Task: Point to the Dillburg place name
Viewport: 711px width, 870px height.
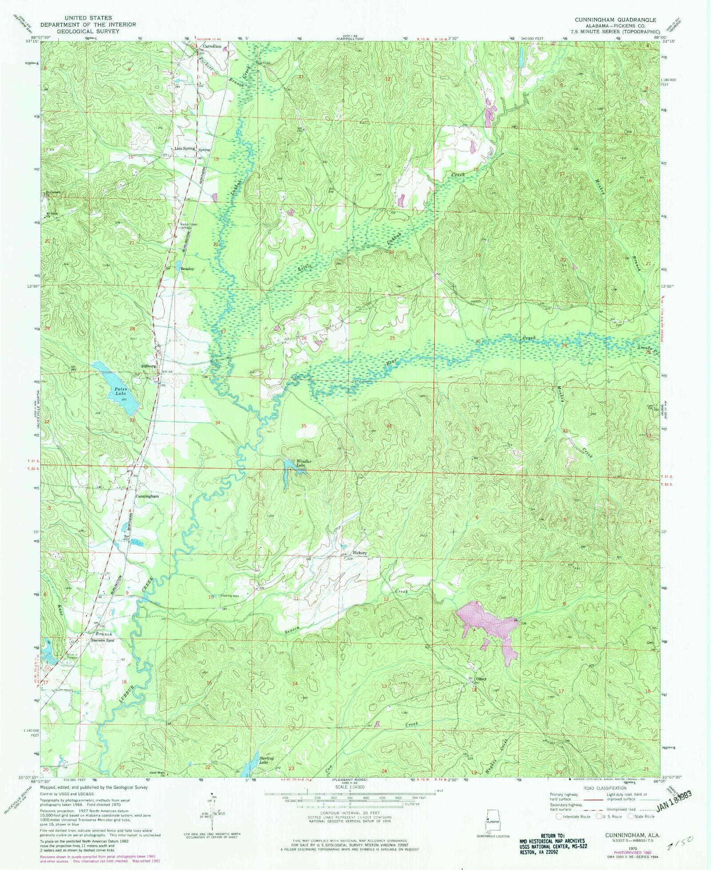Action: [x=148, y=366]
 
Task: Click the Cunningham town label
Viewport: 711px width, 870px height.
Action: [x=147, y=496]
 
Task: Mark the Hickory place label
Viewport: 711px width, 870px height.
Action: [x=359, y=553]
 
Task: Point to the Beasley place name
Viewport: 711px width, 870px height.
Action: [x=187, y=269]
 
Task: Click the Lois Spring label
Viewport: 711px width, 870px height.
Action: [x=185, y=148]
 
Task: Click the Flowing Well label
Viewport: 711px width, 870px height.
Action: [x=230, y=596]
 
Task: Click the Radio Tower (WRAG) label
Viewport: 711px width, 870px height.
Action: [x=189, y=226]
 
